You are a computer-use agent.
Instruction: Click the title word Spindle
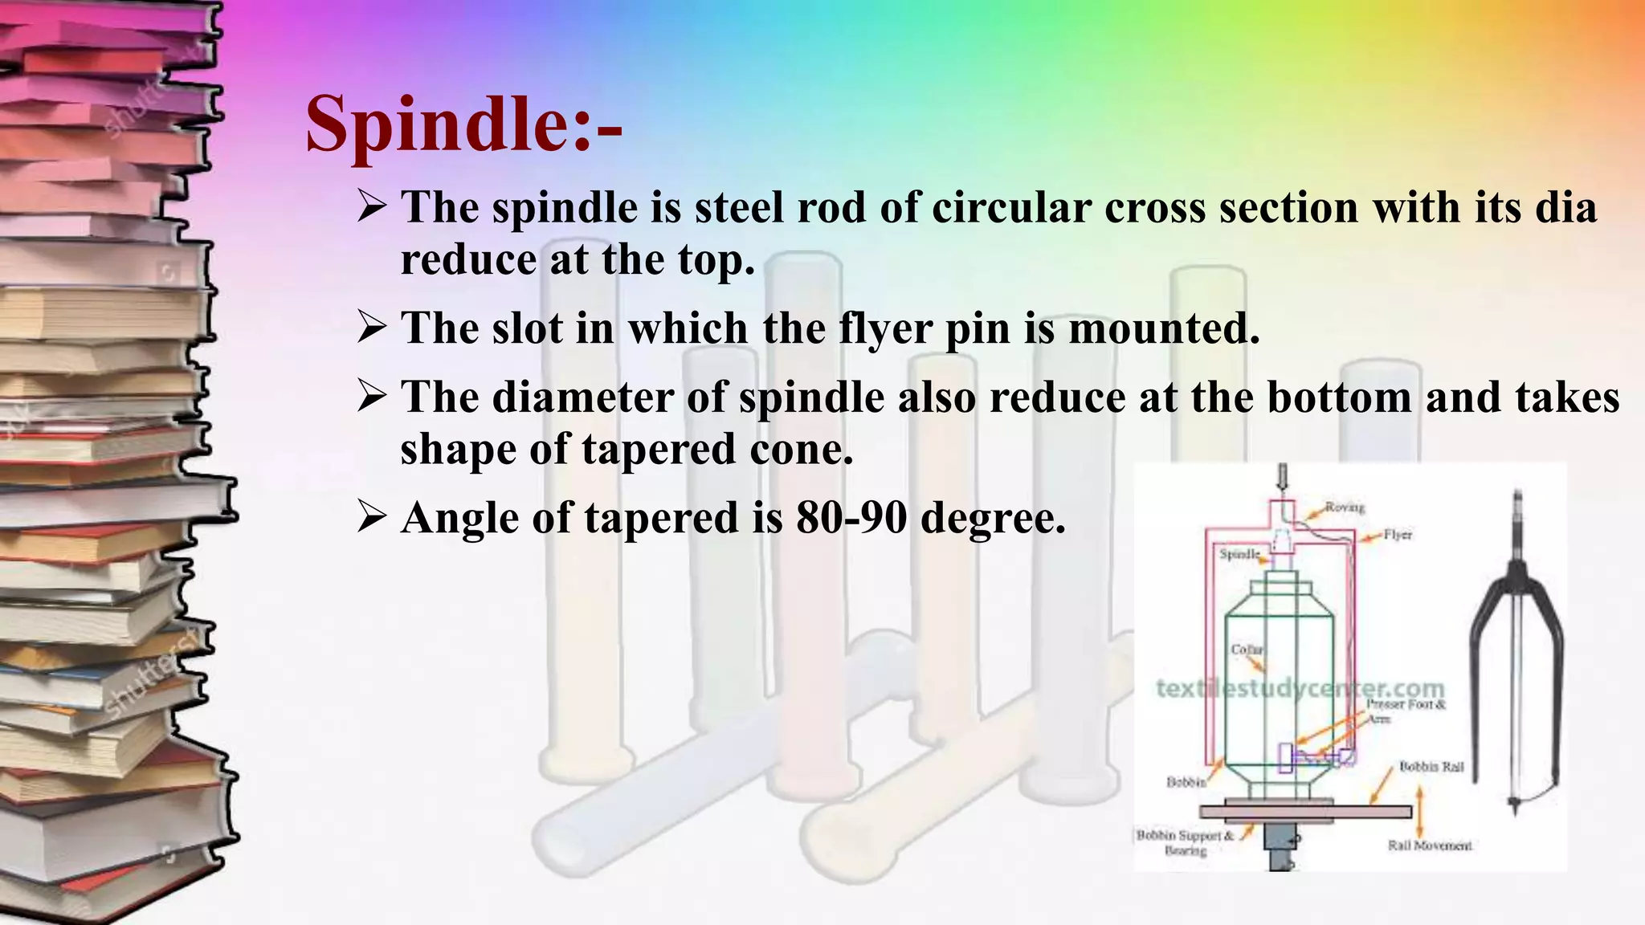point(438,124)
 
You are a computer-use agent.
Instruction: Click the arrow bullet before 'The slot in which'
point(372,328)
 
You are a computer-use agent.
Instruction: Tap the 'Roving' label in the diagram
point(1345,507)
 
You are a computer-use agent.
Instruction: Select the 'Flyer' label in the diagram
point(1398,535)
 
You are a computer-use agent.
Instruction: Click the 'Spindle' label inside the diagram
point(1239,554)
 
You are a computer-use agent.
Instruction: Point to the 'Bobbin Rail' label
point(1431,767)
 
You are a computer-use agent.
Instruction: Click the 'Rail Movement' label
point(1430,846)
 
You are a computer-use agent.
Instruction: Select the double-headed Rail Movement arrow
point(1419,811)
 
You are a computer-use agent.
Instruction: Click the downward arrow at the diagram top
point(1283,478)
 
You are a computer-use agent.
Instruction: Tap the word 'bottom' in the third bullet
point(1339,397)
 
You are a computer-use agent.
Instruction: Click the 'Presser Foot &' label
point(1406,704)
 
